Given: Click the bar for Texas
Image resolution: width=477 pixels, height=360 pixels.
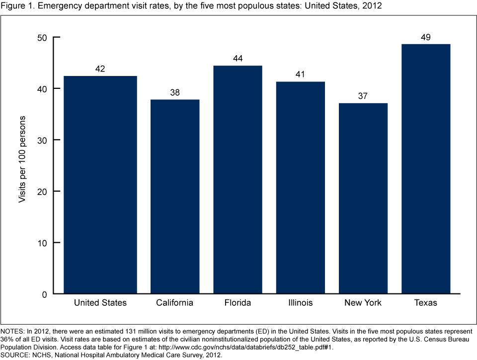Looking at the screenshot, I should click(426, 169).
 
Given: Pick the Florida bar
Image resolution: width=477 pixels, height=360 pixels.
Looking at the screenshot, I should click(238, 180).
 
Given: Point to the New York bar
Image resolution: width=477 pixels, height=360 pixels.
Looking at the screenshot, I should click(363, 199).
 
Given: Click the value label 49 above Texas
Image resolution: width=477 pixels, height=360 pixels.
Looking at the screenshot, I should click(425, 37).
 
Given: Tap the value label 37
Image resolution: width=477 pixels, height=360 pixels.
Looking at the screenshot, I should click(363, 96).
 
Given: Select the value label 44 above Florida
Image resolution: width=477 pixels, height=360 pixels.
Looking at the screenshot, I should click(238, 59).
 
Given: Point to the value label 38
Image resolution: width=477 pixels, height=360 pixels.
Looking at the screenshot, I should click(175, 93).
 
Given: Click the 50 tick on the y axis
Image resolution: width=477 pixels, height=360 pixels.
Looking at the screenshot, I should click(42, 37).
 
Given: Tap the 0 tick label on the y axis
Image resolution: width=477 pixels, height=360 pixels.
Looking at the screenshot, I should click(44, 294).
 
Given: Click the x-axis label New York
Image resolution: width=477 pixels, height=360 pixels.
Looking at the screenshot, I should click(363, 302).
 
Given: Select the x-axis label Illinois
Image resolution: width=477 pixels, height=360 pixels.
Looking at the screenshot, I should click(300, 302).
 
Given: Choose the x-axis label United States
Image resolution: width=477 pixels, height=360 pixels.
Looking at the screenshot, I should click(100, 302).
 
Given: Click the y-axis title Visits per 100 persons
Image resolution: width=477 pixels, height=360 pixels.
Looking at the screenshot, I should click(22, 159).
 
